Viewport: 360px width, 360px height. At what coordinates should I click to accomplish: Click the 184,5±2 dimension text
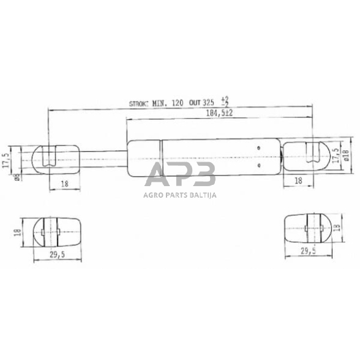(x=220, y=114)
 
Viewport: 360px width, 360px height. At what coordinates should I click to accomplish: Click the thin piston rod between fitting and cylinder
(x=104, y=157)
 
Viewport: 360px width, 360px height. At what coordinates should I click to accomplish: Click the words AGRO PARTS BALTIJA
(x=179, y=196)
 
